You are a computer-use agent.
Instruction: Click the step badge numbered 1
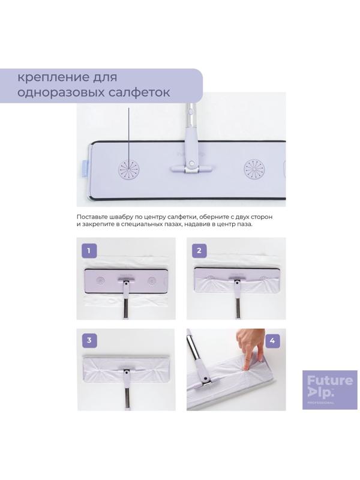coord(89,251)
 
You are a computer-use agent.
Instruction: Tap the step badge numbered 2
coord(199,251)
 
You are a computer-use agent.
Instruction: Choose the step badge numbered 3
coord(89,340)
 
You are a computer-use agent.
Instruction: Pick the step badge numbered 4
coord(272,341)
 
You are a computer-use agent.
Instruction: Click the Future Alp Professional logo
coord(329,389)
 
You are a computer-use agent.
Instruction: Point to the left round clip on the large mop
coord(129,169)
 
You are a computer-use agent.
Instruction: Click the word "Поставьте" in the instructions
coord(92,217)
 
